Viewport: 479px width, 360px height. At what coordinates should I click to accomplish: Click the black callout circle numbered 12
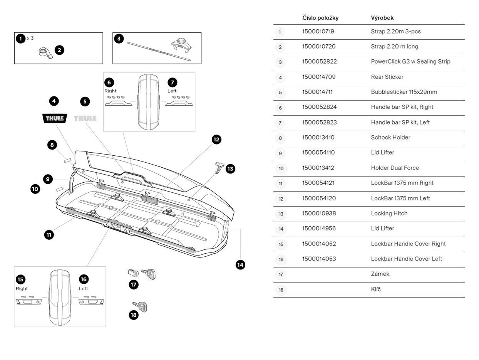[216, 140]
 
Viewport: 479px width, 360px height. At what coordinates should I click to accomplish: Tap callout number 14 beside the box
[240, 264]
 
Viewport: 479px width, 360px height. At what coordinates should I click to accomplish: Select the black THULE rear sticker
[54, 118]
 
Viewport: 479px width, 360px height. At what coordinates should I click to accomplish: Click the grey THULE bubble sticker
[85, 118]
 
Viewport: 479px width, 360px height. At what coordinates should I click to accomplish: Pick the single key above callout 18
[140, 307]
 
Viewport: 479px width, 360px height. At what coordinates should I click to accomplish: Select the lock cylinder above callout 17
[132, 273]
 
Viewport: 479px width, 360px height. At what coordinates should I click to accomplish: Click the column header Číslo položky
[320, 18]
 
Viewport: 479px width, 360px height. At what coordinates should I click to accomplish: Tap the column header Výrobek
[382, 18]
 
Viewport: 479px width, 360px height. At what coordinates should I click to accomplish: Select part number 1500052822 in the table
[319, 62]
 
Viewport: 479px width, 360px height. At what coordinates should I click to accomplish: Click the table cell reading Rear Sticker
[387, 77]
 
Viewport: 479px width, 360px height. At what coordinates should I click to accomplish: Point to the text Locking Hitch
[389, 213]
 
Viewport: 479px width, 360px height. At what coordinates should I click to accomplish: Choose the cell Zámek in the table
[380, 274]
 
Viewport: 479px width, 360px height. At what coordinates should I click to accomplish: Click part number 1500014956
[319, 229]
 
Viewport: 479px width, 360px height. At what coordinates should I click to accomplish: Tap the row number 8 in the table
[280, 138]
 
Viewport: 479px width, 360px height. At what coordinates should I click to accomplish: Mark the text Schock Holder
[390, 138]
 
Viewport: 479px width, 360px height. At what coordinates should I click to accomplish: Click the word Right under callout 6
[111, 91]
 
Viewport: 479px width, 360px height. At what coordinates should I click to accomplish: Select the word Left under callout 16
[84, 288]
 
